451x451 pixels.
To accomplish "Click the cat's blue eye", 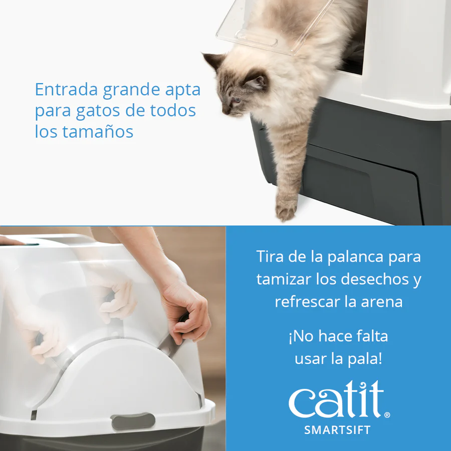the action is [236, 100].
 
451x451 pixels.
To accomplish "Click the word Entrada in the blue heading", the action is [67, 89].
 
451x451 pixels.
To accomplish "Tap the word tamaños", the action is [98, 131].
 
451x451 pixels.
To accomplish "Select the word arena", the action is [382, 302].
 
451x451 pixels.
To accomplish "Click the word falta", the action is [372, 336].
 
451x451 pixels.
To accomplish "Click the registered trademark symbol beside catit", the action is [387, 415].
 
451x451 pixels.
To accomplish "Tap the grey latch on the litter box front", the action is [133, 421].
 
